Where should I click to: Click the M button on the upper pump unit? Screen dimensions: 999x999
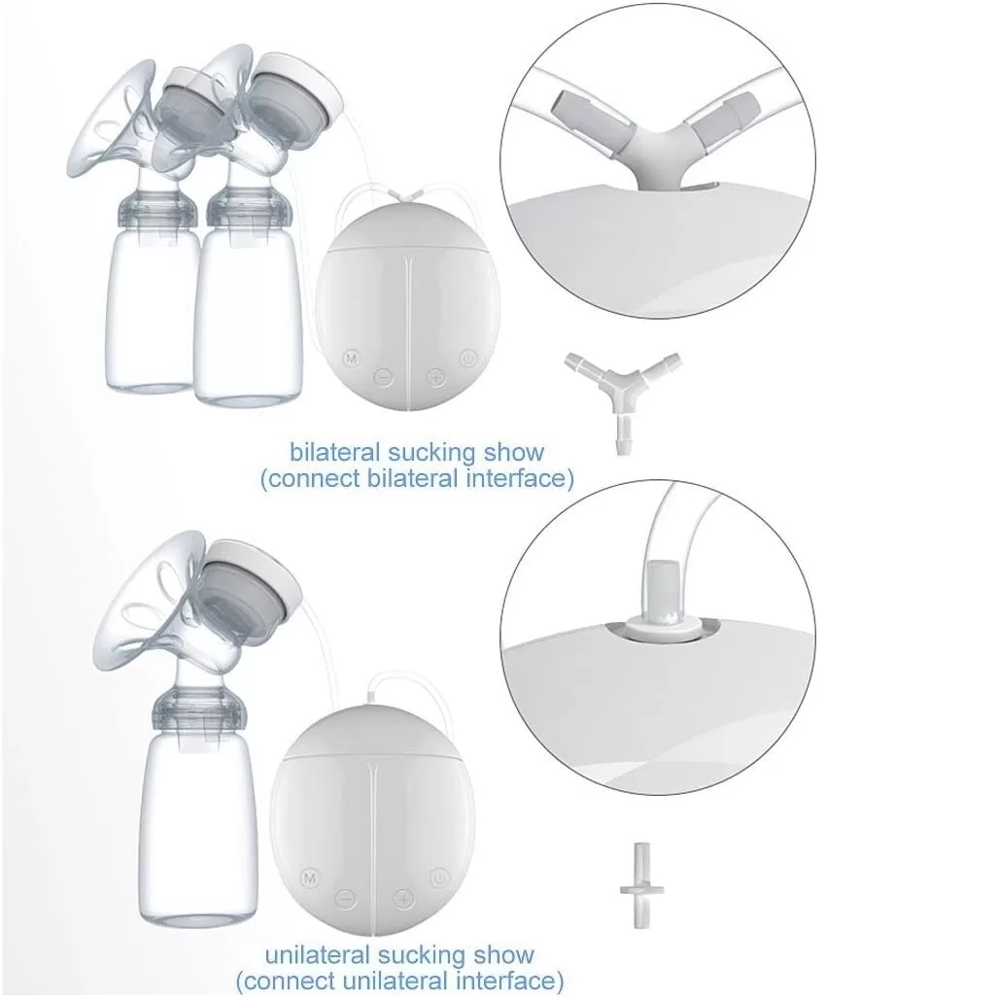(x=351, y=358)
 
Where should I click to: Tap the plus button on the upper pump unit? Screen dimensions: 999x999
(x=435, y=378)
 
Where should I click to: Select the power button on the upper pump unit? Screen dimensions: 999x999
(x=468, y=358)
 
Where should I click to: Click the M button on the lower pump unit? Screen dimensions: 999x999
(x=310, y=878)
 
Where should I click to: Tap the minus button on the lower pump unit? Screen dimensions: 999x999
(x=345, y=899)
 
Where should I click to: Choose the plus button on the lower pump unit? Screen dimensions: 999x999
(x=402, y=899)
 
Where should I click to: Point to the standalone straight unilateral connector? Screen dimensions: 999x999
(x=641, y=885)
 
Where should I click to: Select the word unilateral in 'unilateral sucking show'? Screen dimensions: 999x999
(x=317, y=955)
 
